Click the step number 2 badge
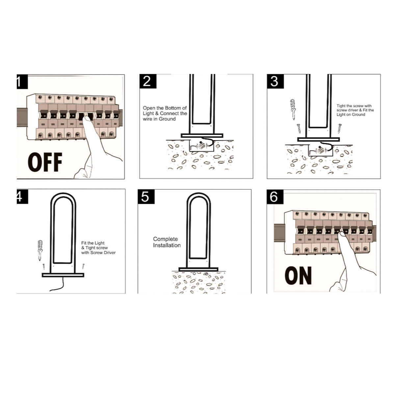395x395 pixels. pyautogui.click(x=148, y=81)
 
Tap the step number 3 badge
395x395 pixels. pyautogui.click(x=275, y=81)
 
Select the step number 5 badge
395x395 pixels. pyautogui.click(x=146, y=197)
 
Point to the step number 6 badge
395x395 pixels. pyautogui.click(x=275, y=197)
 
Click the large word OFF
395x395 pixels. pyautogui.click(x=45, y=162)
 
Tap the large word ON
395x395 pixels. pyautogui.click(x=298, y=276)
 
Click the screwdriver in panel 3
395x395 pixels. pyautogui.click(x=293, y=110)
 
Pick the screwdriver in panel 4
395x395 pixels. pyautogui.click(x=40, y=250)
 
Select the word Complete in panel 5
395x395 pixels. pyautogui.click(x=166, y=239)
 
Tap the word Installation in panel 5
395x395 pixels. pyautogui.click(x=167, y=245)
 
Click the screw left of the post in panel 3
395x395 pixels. pyautogui.click(x=299, y=128)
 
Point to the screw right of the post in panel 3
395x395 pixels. pyautogui.click(x=339, y=128)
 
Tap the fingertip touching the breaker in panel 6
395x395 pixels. pyautogui.click(x=341, y=235)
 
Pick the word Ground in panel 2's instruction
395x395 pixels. pyautogui.click(x=167, y=119)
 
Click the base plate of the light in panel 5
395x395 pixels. pyautogui.click(x=198, y=269)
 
